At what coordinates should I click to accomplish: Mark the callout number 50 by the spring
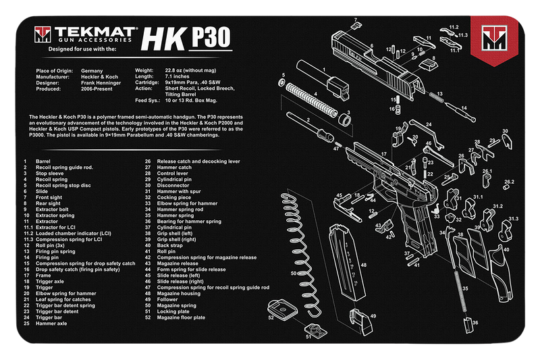(x=293, y=274)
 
